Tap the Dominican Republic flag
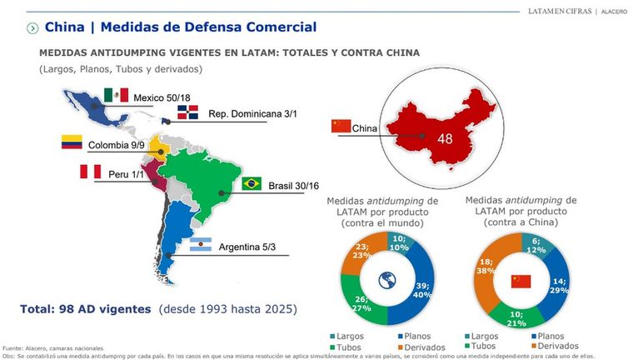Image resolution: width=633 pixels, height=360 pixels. click(187, 113)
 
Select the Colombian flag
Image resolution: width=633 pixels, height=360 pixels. click(72, 142)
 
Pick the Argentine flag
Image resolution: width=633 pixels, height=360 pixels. click(200, 246)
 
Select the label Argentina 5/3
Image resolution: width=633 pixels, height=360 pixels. click(252, 247)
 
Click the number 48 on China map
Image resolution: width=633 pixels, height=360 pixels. click(445, 139)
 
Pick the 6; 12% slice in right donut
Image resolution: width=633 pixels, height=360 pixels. click(536, 244)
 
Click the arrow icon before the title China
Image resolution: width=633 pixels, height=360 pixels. click(32, 28)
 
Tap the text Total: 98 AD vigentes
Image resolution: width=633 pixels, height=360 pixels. click(87, 309)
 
